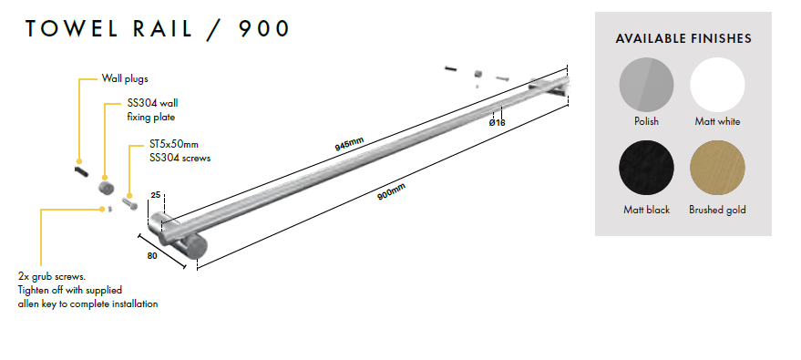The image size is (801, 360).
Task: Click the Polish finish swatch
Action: coord(646,85)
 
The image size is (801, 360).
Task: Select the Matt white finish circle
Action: coord(717,85)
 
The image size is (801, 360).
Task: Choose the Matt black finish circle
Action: coord(646,168)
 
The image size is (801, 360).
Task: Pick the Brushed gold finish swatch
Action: coord(717,168)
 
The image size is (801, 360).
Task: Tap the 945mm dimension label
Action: coord(349,144)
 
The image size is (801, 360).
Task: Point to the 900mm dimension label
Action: coord(391,191)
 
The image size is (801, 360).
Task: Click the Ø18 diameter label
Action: coord(497,122)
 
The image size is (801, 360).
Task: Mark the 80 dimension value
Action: coord(151,256)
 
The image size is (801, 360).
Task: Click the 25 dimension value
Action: coord(156,195)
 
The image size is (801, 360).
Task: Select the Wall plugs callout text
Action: coord(125,78)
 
